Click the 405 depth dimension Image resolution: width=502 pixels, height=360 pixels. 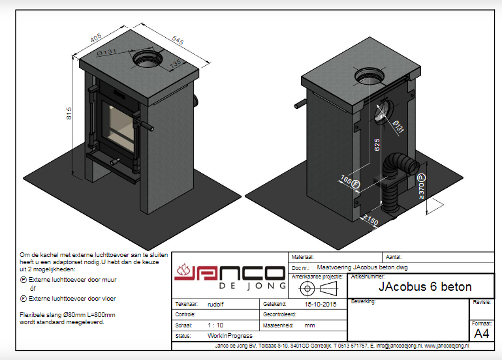(x=97, y=40)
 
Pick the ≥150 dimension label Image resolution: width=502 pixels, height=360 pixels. (x=371, y=220)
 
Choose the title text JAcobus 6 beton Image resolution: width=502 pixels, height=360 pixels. (x=425, y=287)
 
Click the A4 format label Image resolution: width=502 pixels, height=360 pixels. (x=481, y=334)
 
